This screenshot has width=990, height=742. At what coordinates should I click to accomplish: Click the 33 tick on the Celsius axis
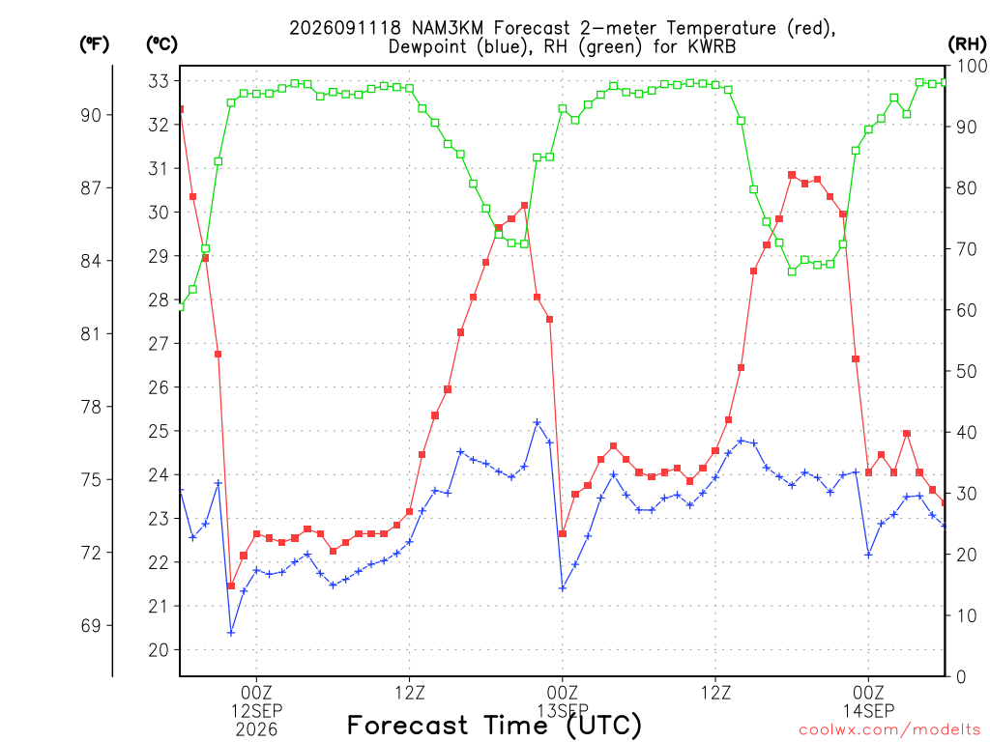[x=159, y=81]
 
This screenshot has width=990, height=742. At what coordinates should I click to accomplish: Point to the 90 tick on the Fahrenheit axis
[x=91, y=115]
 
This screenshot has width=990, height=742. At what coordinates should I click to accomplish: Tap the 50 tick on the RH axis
[x=966, y=371]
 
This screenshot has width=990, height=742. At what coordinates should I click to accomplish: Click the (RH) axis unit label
[x=967, y=44]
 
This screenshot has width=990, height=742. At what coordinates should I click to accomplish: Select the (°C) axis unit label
[x=161, y=44]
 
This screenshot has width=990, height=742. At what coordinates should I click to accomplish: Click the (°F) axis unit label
[x=95, y=44]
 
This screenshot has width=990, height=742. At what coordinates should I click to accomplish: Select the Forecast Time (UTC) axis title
[x=494, y=726]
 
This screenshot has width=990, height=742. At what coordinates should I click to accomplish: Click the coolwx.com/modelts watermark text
[x=889, y=730]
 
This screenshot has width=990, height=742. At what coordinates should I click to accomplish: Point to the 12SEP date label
[x=256, y=711]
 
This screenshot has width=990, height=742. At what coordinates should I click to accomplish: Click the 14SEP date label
[x=869, y=711]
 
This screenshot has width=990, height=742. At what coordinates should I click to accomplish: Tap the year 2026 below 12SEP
[x=256, y=730]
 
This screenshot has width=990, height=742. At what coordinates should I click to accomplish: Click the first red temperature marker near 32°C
[x=181, y=109]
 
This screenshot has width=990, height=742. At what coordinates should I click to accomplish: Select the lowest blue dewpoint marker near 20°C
[x=231, y=632]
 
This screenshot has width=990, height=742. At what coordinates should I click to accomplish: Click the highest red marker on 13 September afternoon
[x=792, y=175]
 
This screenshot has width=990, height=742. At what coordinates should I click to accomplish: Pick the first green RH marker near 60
[x=180, y=307]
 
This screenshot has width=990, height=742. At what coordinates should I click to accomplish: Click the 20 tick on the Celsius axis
[x=159, y=650]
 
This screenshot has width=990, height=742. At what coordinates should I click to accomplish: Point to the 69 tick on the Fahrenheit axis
[x=91, y=625]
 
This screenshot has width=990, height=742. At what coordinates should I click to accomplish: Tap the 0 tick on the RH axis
[x=961, y=676]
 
